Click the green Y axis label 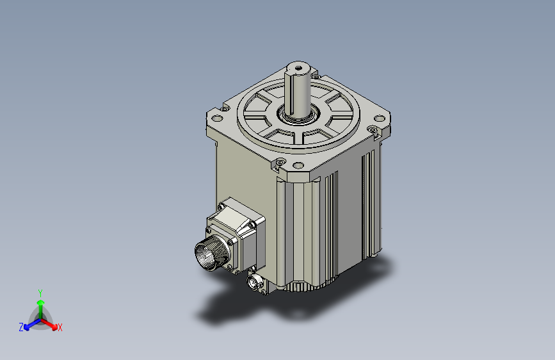point(40,292)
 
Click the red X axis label point(60,328)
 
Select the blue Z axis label point(21,327)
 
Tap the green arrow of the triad point(40,305)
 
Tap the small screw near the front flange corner point(282,161)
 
